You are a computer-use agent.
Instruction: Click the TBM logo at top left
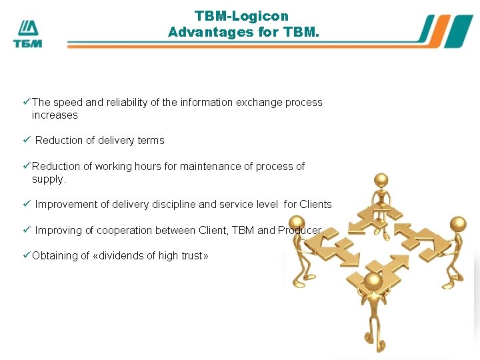[27, 33]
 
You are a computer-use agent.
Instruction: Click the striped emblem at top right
[446, 31]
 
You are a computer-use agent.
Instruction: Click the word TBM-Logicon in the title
[241, 15]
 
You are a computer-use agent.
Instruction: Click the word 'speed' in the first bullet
[67, 103]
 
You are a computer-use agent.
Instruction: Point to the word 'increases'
[55, 115]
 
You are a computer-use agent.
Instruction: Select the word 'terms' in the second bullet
[150, 141]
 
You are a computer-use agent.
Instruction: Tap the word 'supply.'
[49, 179]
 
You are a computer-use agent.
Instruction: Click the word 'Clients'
[315, 205]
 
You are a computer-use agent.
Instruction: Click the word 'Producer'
[299, 230]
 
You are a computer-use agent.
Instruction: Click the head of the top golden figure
[381, 179]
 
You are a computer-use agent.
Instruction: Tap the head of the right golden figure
[458, 224]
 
